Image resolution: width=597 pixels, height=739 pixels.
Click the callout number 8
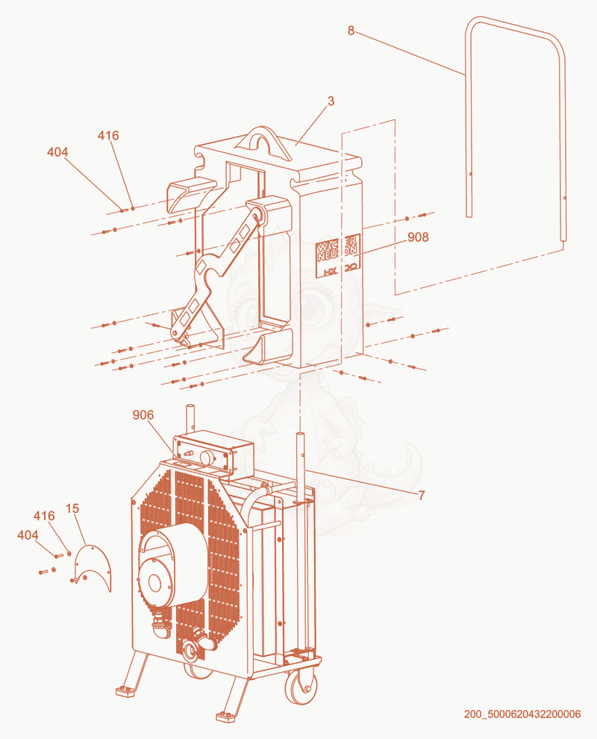pyautogui.click(x=351, y=31)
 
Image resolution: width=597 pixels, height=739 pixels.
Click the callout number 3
pyautogui.click(x=331, y=102)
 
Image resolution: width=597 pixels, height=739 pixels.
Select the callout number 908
pyautogui.click(x=418, y=237)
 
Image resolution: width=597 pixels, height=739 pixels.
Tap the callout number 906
pyautogui.click(x=143, y=415)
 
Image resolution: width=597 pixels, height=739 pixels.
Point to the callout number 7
pyautogui.click(x=421, y=495)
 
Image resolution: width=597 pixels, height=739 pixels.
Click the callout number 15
pyautogui.click(x=72, y=508)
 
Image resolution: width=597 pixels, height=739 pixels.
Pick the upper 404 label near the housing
pyautogui.click(x=57, y=152)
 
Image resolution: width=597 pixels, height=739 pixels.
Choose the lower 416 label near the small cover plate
pyautogui.click(x=44, y=516)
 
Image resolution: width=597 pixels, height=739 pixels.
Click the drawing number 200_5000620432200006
pyautogui.click(x=522, y=714)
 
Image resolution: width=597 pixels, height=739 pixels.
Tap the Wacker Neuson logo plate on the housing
pyautogui.click(x=338, y=256)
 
